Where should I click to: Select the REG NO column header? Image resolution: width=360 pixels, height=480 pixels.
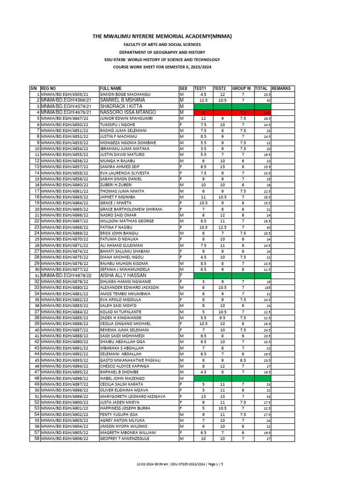coord(48,88)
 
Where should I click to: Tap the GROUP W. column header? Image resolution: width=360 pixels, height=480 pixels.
coord(242,88)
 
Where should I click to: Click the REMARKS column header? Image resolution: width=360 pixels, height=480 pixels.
coord(281,88)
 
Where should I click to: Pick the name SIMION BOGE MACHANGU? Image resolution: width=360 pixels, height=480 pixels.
coord(125,94)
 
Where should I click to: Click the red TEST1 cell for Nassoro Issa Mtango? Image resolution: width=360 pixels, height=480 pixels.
coord(203,113)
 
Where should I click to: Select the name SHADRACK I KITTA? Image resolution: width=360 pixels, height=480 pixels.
coord(120,106)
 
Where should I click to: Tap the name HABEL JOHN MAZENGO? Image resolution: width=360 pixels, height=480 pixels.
coord(122,378)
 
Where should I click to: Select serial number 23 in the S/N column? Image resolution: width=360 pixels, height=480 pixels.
coord(36,227)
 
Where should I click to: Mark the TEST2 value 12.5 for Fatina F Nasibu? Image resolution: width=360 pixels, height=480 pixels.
coord(222,227)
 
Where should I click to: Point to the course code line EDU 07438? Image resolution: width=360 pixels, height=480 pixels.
coord(162,60)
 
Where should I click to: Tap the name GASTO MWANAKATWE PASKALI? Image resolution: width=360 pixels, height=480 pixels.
coord(129,360)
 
